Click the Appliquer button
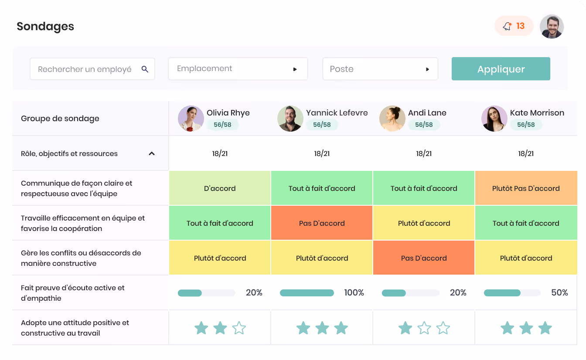tap(501, 69)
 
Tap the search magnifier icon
tap(145, 69)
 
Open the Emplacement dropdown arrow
tap(295, 69)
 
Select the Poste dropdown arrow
tap(427, 69)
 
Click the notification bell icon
tap(507, 26)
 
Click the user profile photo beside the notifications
tap(552, 27)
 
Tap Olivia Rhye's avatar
tap(191, 119)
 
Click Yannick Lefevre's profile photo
tap(290, 119)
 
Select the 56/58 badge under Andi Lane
tap(424, 125)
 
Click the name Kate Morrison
tap(537, 113)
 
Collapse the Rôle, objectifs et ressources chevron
tap(152, 153)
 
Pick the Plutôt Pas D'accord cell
tap(526, 188)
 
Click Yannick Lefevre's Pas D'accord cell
tap(322, 223)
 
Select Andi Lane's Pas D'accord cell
tap(424, 258)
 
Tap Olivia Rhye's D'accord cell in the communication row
tap(220, 188)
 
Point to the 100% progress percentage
tap(354, 292)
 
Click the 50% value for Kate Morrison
tap(559, 292)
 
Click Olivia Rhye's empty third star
tap(239, 328)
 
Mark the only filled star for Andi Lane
tap(405, 328)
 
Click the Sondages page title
tap(45, 27)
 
